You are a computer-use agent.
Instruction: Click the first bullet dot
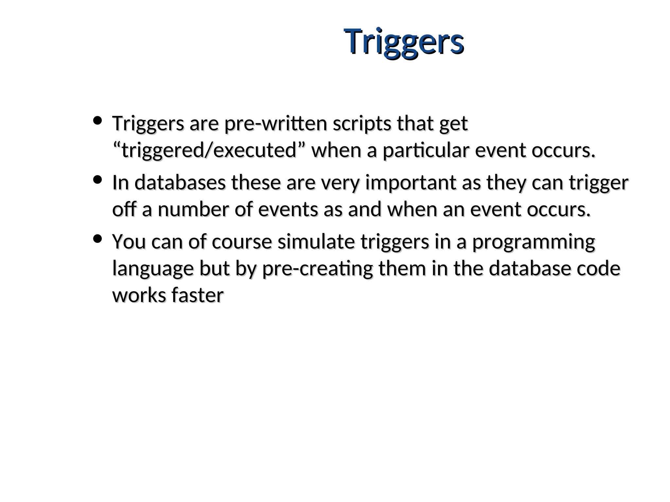point(97,121)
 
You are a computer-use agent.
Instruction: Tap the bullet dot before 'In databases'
point(97,180)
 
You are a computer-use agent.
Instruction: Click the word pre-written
point(275,124)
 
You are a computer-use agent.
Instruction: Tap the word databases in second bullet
point(180,183)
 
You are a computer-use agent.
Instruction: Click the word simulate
point(316,242)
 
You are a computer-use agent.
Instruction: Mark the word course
point(242,242)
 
